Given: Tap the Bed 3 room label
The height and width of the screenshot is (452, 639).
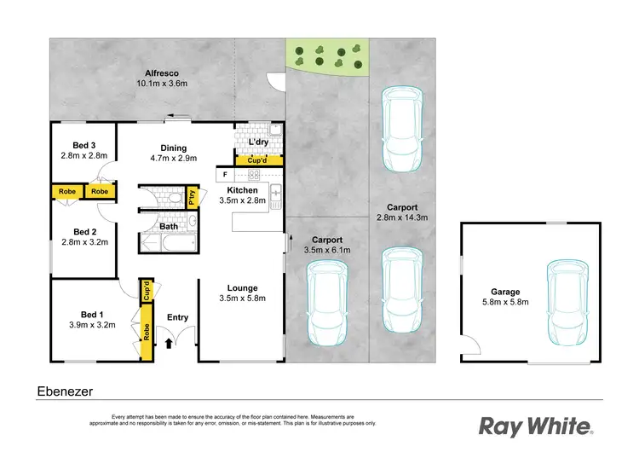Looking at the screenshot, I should pyautogui.click(x=83, y=144).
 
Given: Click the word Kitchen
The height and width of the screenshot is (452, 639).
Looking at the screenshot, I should pyautogui.click(x=243, y=189).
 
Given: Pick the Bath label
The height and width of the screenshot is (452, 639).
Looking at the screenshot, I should pyautogui.click(x=169, y=226).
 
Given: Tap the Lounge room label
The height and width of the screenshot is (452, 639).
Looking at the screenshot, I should pyautogui.click(x=242, y=288).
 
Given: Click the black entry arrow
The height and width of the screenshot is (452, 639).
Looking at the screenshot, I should pyautogui.click(x=169, y=343).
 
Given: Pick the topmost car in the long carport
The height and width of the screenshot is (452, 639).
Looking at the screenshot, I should pyautogui.click(x=400, y=128).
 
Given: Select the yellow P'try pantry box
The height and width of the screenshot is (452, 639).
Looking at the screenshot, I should pyautogui.click(x=193, y=196).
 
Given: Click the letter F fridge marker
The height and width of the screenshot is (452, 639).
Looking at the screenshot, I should pyautogui.click(x=225, y=175).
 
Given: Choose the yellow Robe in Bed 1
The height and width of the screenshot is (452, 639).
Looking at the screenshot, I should pyautogui.click(x=147, y=333).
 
